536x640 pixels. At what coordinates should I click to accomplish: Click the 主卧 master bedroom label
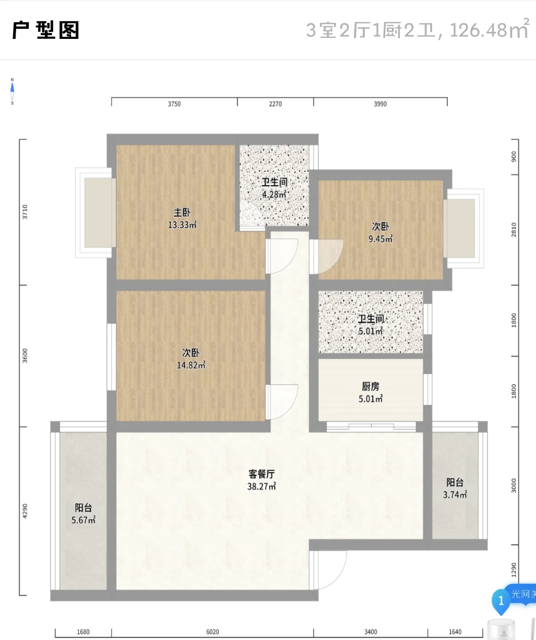[x=182, y=213]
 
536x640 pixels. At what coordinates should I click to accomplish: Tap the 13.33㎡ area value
[x=182, y=225]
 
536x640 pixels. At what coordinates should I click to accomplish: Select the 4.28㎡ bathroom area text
[x=274, y=194]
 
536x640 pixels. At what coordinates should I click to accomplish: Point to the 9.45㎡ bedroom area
[x=381, y=239]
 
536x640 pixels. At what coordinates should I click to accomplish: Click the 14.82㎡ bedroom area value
[x=191, y=365]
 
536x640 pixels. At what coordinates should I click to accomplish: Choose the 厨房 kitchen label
[x=370, y=386]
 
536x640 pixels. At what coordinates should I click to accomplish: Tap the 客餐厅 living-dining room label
[x=261, y=474]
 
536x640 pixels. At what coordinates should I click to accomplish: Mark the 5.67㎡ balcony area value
[x=83, y=520]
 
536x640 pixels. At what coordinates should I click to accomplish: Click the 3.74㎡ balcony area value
[x=455, y=495]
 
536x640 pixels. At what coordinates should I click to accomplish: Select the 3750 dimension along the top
[x=174, y=104]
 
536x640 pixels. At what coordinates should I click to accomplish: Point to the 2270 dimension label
[x=276, y=104]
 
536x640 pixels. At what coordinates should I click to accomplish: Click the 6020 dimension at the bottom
[x=212, y=632]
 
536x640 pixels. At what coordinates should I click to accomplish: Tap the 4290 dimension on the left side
[x=25, y=511]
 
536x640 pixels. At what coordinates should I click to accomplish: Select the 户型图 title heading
[x=45, y=30]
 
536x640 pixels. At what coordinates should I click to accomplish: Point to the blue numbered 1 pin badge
[x=501, y=601]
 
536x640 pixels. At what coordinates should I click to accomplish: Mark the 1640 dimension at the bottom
[x=455, y=632]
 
